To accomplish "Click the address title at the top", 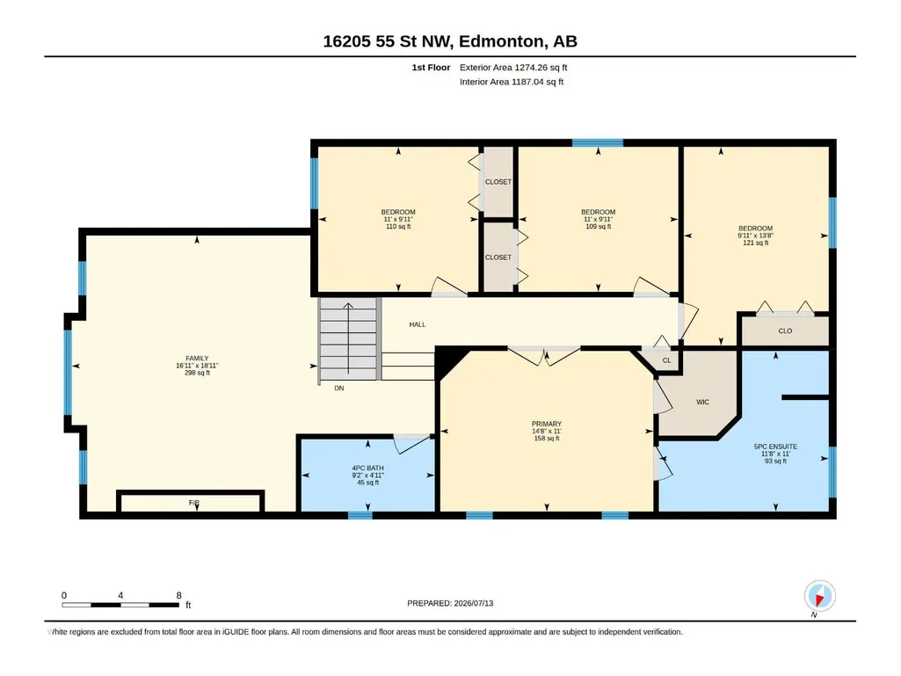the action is pyautogui.click(x=450, y=41).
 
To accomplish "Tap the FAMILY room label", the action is pyautogui.click(x=197, y=358).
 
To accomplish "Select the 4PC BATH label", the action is pyautogui.click(x=367, y=468).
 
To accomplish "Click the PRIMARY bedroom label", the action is pyautogui.click(x=547, y=424).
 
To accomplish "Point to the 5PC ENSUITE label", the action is pyautogui.click(x=775, y=446).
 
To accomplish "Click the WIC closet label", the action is pyautogui.click(x=702, y=402).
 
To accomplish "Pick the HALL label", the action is pyautogui.click(x=418, y=324).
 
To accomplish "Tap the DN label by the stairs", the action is pyautogui.click(x=339, y=388).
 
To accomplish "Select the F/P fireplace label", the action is pyautogui.click(x=194, y=503).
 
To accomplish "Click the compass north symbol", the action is pyautogui.click(x=819, y=597).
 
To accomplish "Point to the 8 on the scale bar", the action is pyautogui.click(x=178, y=595).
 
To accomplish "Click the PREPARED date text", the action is pyautogui.click(x=450, y=603).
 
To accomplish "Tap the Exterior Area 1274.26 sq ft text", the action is pyautogui.click(x=513, y=68).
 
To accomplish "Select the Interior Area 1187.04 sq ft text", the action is pyautogui.click(x=512, y=82).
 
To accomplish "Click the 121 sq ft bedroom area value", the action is pyautogui.click(x=756, y=243).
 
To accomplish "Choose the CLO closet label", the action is pyautogui.click(x=785, y=331).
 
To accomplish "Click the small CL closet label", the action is pyautogui.click(x=666, y=360).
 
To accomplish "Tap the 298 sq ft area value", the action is pyautogui.click(x=197, y=373).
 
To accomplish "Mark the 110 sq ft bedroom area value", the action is pyautogui.click(x=398, y=227).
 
